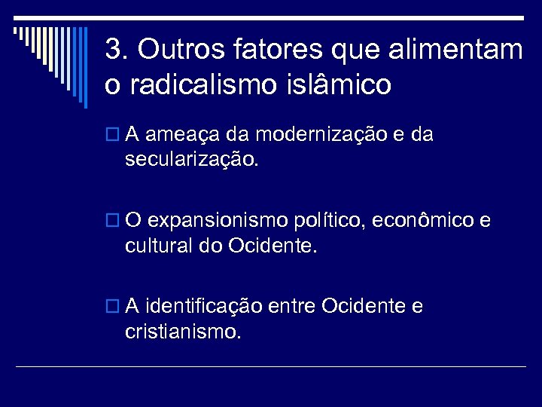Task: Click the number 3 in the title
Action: click(x=113, y=50)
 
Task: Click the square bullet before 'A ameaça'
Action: click(x=113, y=136)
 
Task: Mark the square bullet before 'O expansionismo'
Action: click(x=113, y=222)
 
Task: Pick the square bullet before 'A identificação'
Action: click(x=113, y=308)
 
